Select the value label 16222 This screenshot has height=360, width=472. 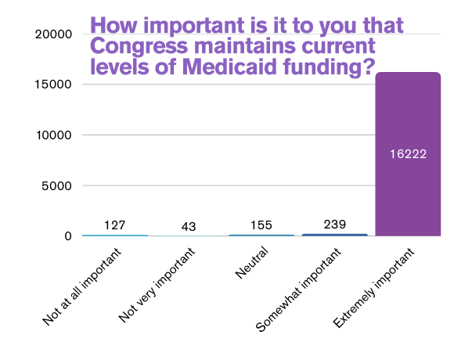(x=408, y=153)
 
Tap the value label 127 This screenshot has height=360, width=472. (x=115, y=225)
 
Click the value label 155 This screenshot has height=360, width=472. (x=261, y=225)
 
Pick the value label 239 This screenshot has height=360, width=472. (x=334, y=224)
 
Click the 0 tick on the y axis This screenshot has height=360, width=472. (x=67, y=236)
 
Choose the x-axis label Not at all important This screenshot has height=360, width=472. (x=83, y=286)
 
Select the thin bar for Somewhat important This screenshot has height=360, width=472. (x=334, y=235)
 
